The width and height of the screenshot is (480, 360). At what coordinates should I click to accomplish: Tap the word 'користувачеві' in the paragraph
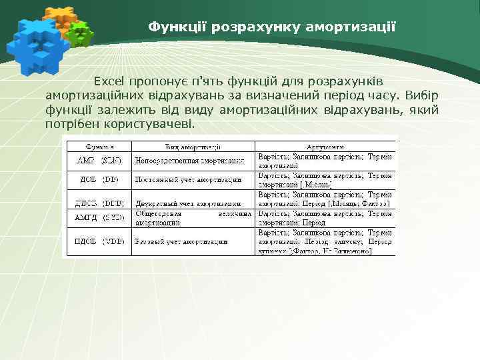pos(151,125)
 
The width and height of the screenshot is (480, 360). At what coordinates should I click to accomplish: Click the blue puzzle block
pos(37,43)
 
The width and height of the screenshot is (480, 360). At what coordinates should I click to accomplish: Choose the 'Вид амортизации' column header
pos(194,147)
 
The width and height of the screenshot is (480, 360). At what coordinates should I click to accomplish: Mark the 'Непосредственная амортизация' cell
pos(194,161)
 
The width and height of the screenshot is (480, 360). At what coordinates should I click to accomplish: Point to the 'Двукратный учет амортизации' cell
pos(194,203)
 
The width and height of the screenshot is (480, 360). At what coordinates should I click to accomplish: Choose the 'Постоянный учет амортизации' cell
pos(194,180)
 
